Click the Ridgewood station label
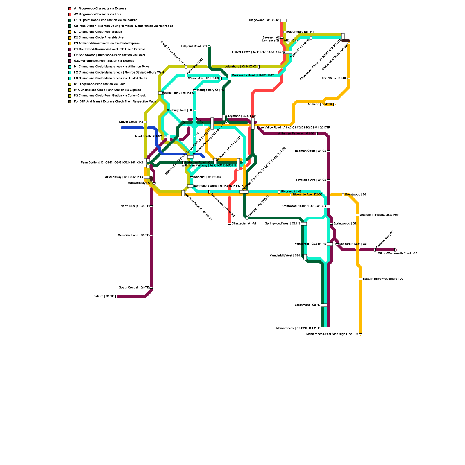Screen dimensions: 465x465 pos(264,20)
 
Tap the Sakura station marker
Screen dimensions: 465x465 pos(116,296)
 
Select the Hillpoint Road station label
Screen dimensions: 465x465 pos(194,46)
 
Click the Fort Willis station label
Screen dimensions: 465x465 pos(334,78)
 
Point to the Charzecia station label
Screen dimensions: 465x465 pos(244,224)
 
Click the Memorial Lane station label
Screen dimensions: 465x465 pos(133,235)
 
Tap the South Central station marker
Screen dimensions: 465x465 pos(151,288)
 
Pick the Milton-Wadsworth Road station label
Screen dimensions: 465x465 pos(397,253)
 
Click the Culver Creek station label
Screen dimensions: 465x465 pos(131,122)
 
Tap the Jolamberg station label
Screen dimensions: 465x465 pos(241,67)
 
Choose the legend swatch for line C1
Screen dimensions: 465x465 pos(70,20)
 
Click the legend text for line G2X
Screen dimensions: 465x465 pos(104,61)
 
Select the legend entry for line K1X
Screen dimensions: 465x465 pos(108,90)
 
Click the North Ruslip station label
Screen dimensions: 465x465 pos(135,206)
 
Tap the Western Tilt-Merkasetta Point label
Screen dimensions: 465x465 pos(380,215)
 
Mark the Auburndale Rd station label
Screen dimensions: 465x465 pos(300,32)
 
